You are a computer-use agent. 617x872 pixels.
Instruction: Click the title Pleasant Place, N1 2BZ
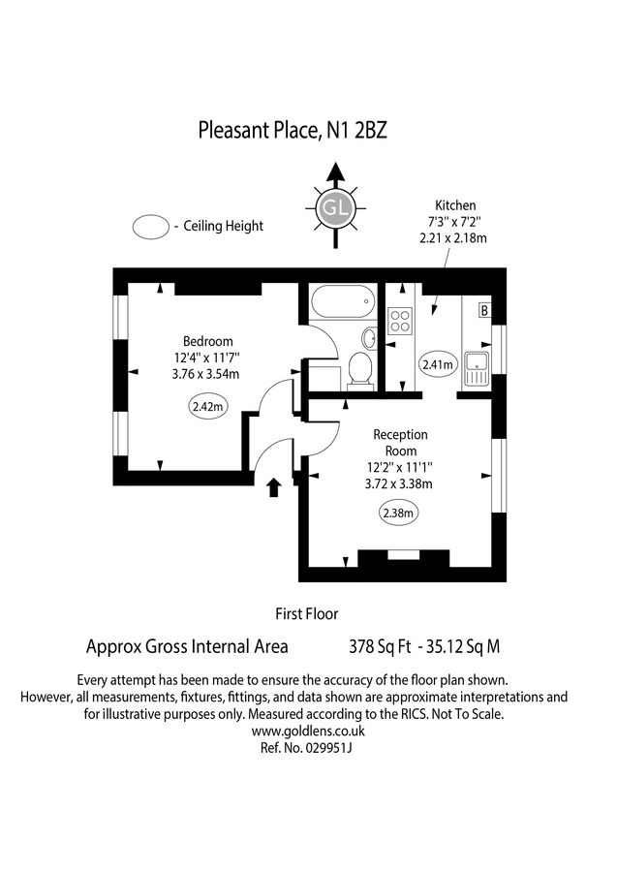292,129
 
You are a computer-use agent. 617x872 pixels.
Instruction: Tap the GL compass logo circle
335,208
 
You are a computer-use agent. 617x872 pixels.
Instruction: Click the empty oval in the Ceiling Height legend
151,227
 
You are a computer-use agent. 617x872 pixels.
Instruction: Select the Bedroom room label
208,341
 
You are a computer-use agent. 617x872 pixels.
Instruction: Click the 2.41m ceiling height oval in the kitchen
437,364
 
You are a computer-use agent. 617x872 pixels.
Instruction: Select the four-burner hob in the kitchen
399,321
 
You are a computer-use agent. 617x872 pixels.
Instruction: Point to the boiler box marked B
484,311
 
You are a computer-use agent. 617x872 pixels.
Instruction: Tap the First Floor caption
307,612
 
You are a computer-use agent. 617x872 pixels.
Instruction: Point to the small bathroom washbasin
369,338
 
